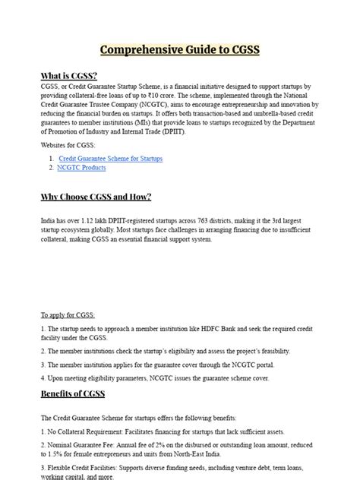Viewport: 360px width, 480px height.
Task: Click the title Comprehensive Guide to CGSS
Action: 180,50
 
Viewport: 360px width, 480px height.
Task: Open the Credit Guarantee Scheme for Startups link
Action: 110,159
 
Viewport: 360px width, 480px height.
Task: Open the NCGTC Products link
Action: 82,167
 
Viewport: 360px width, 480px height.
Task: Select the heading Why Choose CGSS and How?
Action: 96,197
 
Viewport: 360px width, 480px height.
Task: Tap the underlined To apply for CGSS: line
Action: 68,315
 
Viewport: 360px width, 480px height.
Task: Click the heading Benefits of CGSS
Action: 73,393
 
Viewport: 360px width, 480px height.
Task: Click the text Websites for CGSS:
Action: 68,145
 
